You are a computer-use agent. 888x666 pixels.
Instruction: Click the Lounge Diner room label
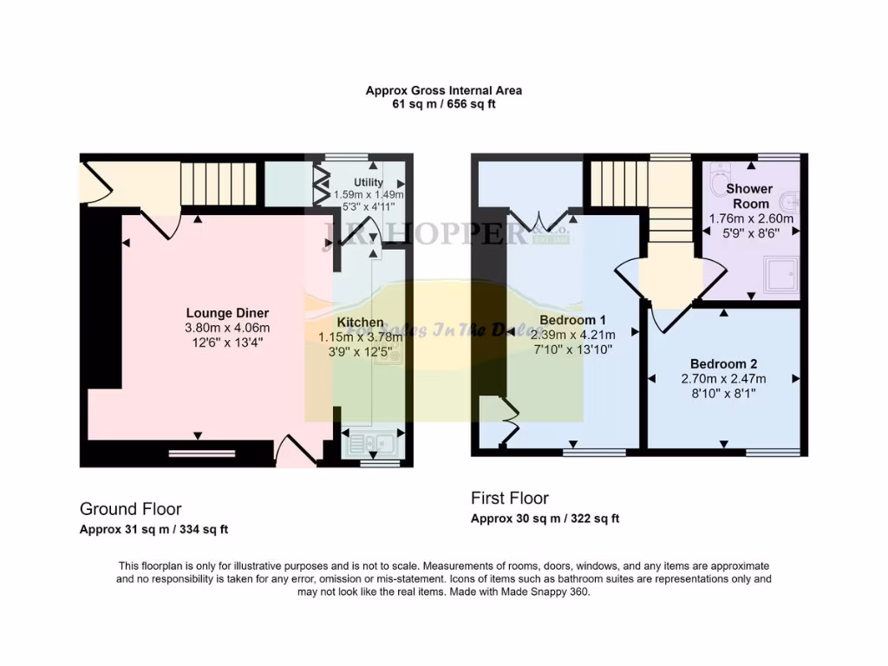227,313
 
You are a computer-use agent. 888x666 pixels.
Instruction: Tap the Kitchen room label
360,323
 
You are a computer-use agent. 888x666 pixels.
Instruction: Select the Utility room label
369,183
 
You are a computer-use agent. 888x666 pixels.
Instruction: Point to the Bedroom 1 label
572,319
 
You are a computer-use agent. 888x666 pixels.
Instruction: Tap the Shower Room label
749,196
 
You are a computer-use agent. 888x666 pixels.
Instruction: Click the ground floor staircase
219,183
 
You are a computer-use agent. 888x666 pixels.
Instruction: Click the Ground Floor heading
131,509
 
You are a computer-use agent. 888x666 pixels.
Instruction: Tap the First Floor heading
510,499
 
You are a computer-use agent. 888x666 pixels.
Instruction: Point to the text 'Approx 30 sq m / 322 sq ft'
545,519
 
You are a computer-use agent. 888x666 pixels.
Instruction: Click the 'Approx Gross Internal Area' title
443,90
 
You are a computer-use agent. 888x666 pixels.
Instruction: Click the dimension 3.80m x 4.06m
227,328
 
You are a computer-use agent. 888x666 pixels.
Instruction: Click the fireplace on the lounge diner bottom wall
202,451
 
